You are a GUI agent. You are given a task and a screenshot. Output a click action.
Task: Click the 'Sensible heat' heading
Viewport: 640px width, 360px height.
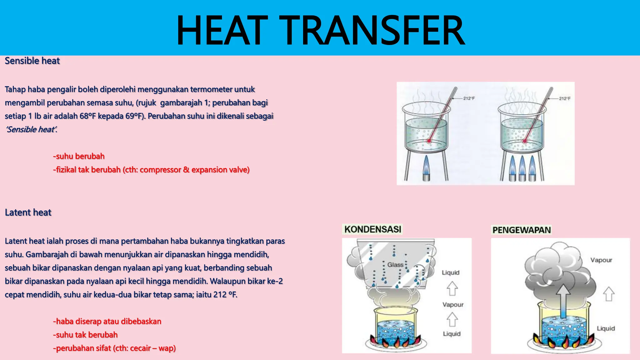(x=32, y=61)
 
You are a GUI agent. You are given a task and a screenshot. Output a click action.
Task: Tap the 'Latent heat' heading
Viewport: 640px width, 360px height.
(x=28, y=212)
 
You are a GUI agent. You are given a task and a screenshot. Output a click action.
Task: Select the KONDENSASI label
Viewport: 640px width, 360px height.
(x=372, y=229)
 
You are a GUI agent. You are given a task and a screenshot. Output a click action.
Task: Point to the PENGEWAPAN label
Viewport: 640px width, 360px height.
(x=522, y=230)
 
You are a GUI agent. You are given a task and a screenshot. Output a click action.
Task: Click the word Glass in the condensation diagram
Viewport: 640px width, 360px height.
(x=395, y=265)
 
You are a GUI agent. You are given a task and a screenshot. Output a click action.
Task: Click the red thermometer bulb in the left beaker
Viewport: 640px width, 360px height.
(x=429, y=141)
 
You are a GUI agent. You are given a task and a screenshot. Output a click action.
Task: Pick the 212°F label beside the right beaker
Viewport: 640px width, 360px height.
(x=565, y=98)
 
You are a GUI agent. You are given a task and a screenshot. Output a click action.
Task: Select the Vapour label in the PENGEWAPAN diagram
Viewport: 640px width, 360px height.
(x=601, y=260)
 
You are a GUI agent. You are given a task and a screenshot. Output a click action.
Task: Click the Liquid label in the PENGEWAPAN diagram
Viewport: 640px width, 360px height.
(x=606, y=328)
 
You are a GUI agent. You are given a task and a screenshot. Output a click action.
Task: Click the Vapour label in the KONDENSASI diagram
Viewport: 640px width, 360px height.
(x=453, y=305)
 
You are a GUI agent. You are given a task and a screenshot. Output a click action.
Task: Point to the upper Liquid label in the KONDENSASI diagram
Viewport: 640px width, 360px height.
(x=451, y=272)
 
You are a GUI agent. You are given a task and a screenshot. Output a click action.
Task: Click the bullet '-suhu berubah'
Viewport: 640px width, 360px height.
(x=79, y=156)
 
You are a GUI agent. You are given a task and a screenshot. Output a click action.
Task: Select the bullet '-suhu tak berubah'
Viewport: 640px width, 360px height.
(x=85, y=335)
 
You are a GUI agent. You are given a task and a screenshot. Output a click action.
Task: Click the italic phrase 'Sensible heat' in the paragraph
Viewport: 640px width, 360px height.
(x=31, y=129)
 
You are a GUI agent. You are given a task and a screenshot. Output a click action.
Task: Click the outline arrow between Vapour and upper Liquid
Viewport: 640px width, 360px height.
(x=452, y=288)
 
